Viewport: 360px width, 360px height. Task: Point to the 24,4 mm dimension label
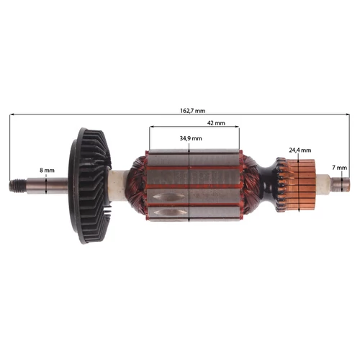click(x=300, y=150)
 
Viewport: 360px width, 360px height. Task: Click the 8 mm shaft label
click(x=47, y=170)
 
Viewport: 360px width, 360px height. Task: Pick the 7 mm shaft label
click(x=339, y=167)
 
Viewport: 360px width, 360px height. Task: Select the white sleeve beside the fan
click(x=117, y=186)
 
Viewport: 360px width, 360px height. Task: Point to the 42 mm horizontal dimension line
click(x=173, y=128)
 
